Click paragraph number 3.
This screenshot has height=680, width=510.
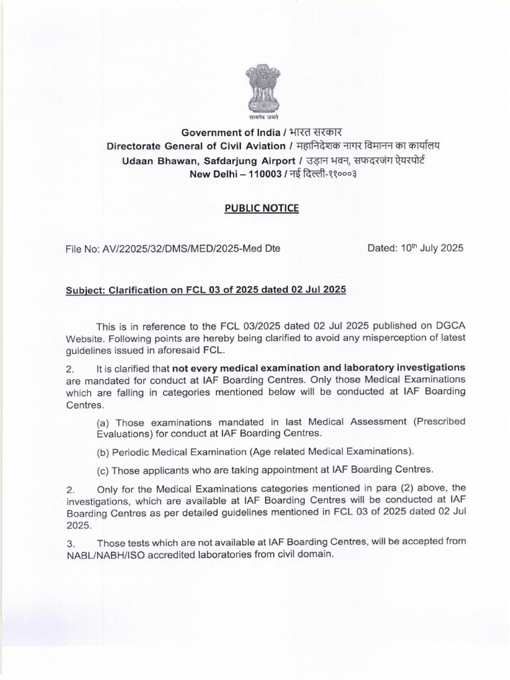pyautogui.click(x=70, y=543)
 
